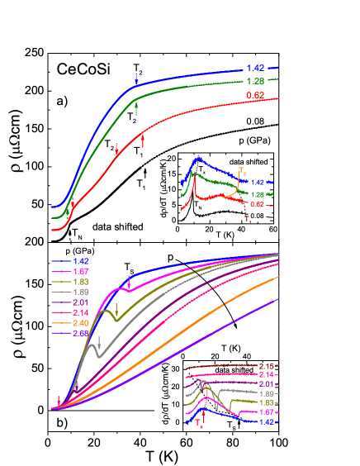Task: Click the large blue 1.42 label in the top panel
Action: pyautogui.click(x=255, y=68)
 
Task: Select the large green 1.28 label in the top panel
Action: pyautogui.click(x=255, y=81)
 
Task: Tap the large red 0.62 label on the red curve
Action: pyautogui.click(x=255, y=96)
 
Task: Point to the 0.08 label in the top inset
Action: pyautogui.click(x=257, y=216)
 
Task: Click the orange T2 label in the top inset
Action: pyautogui.click(x=242, y=171)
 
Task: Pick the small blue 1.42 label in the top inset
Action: pyautogui.click(x=257, y=182)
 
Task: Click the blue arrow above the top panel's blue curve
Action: pyautogui.click(x=137, y=79)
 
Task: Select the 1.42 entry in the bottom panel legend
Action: pyautogui.click(x=81, y=260)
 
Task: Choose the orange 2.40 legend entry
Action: pyautogui.click(x=81, y=323)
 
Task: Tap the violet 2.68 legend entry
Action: pyautogui.click(x=81, y=334)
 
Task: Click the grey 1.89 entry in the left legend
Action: pyautogui.click(x=81, y=292)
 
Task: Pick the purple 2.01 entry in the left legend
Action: pyautogui.click(x=81, y=302)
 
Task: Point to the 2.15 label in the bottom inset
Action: pyautogui.click(x=265, y=366)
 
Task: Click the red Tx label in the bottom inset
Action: pyautogui.click(x=200, y=424)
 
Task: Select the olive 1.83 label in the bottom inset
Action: pyautogui.click(x=265, y=402)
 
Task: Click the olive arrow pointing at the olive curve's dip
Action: pyautogui.click(x=116, y=309)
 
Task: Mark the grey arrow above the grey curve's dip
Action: pyautogui.click(x=99, y=340)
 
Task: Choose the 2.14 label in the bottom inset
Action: pyautogui.click(x=265, y=375)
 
